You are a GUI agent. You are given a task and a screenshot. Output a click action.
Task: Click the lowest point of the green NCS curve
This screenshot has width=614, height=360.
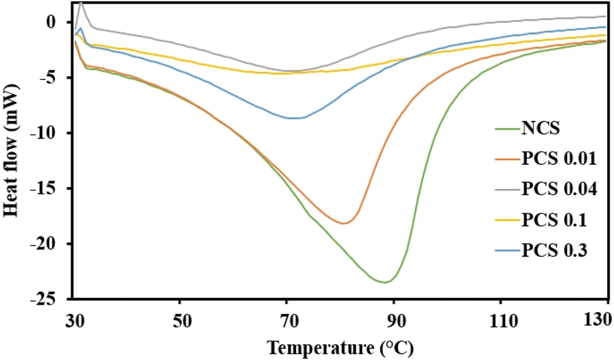[x=385, y=283]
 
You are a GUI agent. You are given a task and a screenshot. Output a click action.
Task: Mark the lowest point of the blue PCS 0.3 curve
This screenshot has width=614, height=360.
[x=294, y=118]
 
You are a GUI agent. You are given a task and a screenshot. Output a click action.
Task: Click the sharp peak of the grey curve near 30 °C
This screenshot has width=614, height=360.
[x=81, y=3]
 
